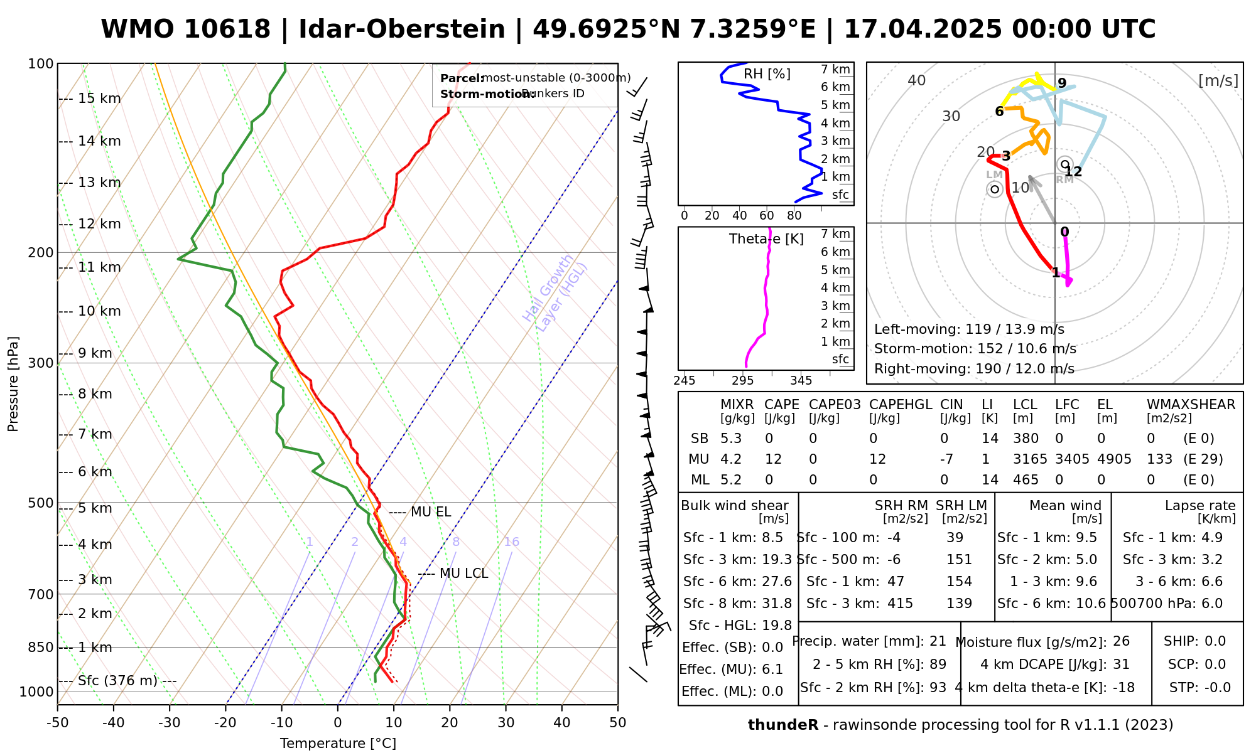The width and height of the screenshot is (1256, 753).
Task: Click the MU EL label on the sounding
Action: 430,512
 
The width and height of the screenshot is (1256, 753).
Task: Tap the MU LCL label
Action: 463,574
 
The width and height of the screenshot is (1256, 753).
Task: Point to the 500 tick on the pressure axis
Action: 41,503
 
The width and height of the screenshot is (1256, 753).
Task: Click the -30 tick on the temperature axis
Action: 170,722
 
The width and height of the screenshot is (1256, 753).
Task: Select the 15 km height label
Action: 99,99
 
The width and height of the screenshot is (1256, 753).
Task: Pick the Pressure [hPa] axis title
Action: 13,384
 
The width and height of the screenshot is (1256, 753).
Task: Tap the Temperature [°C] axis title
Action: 338,744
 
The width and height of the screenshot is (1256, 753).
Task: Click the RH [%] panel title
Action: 767,74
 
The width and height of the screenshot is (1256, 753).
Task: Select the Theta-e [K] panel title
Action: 766,239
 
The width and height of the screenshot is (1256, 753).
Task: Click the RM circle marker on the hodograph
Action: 1064,164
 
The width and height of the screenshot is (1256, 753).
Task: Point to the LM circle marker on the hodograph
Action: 995,189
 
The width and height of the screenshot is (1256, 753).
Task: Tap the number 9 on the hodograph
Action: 1062,83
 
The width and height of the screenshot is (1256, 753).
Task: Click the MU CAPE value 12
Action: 773,459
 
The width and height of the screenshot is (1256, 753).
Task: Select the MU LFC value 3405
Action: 1072,459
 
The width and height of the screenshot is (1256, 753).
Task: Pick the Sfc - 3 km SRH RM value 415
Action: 900,604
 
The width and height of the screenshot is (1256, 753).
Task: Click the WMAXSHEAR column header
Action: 1191,405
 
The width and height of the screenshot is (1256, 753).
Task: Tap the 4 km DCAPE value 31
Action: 1121,665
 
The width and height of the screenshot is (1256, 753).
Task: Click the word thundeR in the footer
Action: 782,725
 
